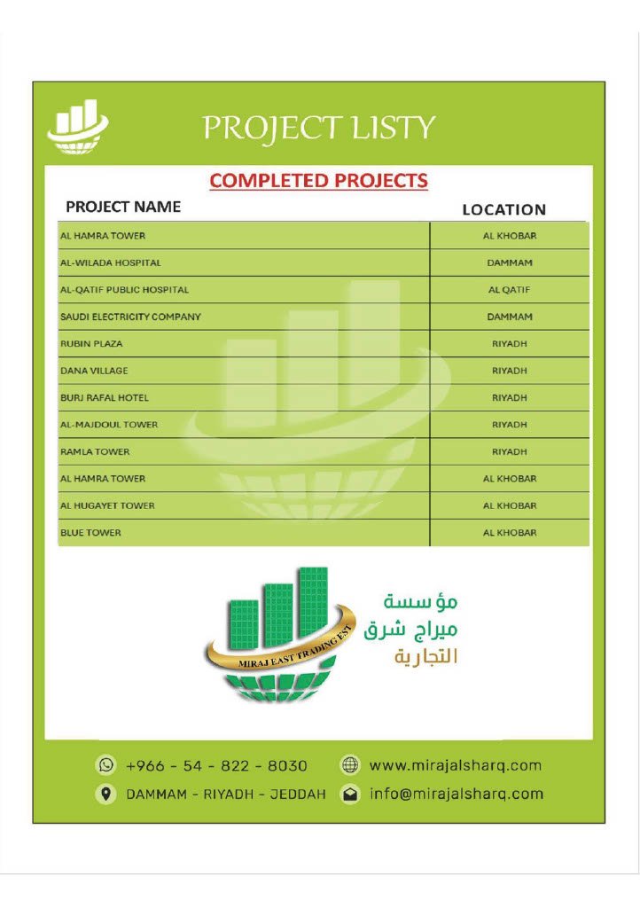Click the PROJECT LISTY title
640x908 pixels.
click(319, 128)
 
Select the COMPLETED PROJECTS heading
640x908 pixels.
click(318, 181)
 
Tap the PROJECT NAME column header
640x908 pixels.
click(123, 207)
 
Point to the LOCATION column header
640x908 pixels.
click(503, 210)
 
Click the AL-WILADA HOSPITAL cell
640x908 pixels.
click(111, 263)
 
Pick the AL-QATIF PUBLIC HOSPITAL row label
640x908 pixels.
click(124, 290)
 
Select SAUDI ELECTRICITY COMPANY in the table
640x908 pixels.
click(130, 317)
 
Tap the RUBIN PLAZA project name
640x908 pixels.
click(91, 344)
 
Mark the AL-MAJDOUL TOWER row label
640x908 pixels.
click(109, 425)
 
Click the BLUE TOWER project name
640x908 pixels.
click(90, 533)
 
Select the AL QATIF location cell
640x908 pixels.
click(509, 290)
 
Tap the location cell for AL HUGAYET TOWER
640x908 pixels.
click(509, 505)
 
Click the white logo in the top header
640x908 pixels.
click(77, 128)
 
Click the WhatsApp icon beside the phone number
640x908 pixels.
click(106, 765)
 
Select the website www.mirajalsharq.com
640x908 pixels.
click(454, 765)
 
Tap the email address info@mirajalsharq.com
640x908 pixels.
click(456, 794)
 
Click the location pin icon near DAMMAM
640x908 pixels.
click(106, 794)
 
